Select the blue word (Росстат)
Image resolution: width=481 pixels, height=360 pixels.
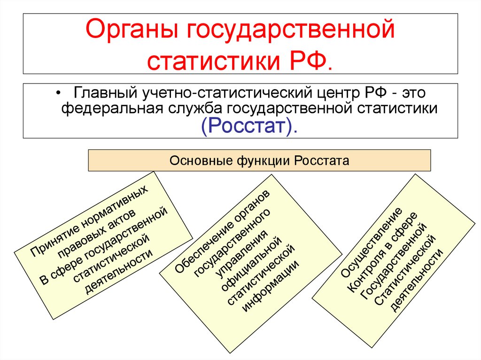tap(249, 126)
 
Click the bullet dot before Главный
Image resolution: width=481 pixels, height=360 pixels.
tap(59, 93)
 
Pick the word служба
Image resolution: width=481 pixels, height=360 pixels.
tap(195, 108)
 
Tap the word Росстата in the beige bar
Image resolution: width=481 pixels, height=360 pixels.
tap(321, 161)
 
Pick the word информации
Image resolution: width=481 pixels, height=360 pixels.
tap(270, 286)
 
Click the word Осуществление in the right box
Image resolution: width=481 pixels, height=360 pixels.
tap(371, 242)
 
